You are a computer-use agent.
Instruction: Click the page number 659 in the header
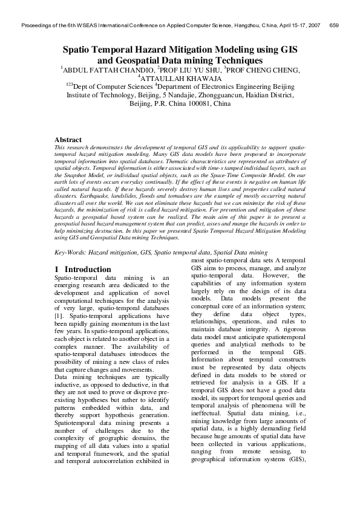pyautogui.click(x=332, y=26)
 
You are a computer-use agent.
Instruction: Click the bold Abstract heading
pyautogui.click(x=68, y=140)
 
